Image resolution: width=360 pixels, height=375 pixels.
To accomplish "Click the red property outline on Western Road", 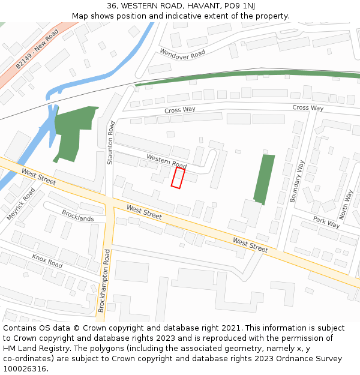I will (x=178, y=178).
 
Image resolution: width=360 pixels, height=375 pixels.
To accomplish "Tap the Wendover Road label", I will (x=182, y=53).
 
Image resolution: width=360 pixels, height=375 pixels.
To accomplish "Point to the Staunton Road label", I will (x=111, y=142).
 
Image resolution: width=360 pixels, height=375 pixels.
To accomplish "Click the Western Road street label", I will (x=166, y=161).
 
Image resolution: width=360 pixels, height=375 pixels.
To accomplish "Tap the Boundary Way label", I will (x=297, y=181).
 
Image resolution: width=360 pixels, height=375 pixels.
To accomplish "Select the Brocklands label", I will (x=77, y=215).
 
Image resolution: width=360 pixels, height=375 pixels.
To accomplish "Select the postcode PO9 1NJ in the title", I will (x=238, y=6).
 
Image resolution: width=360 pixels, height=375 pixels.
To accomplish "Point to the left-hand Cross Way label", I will (x=180, y=110).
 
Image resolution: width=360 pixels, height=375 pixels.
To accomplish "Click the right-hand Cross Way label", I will (x=308, y=108).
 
